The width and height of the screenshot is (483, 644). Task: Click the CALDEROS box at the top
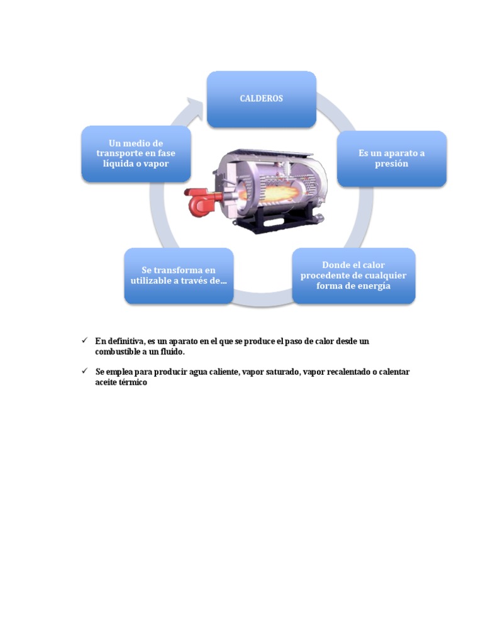tap(261, 99)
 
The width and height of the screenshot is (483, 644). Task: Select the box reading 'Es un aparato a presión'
tap(392, 158)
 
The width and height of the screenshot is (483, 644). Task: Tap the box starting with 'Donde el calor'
tap(353, 275)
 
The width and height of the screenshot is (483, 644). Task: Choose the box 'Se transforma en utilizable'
tap(179, 275)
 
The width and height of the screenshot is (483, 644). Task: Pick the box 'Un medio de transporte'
tap(136, 153)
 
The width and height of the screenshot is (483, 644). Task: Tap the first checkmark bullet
tap(84, 340)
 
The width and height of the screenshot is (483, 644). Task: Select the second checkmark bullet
tap(84, 372)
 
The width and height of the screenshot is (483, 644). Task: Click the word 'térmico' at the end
tap(133, 382)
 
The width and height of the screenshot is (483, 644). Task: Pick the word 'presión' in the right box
tap(392, 164)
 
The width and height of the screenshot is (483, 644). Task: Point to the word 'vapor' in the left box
tap(156, 164)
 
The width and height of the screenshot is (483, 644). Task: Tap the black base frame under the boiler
tap(277, 221)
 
